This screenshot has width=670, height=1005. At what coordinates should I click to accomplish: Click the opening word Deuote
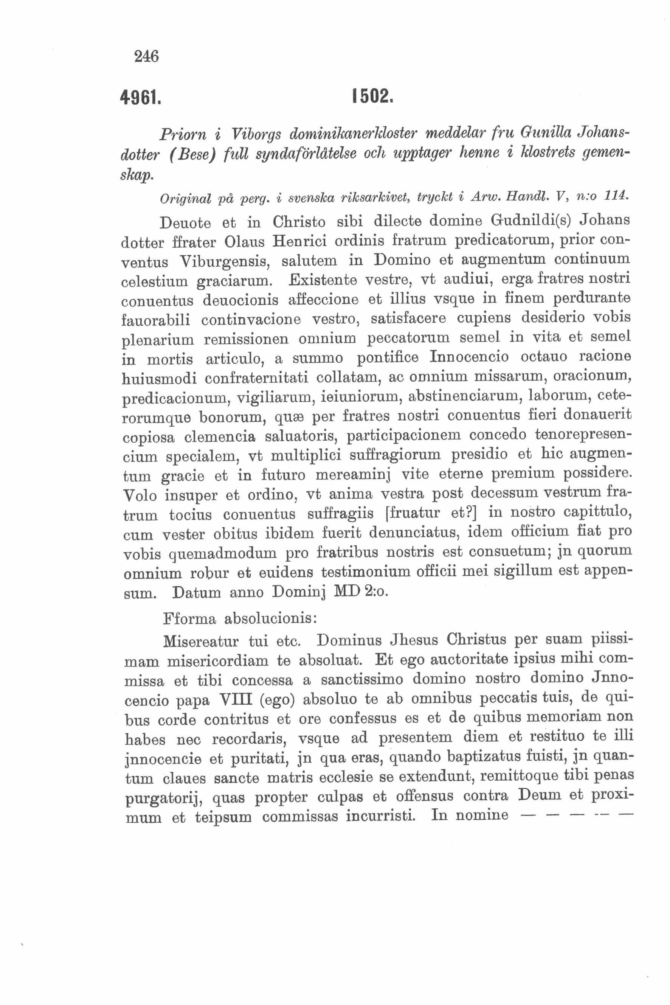point(185,223)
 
